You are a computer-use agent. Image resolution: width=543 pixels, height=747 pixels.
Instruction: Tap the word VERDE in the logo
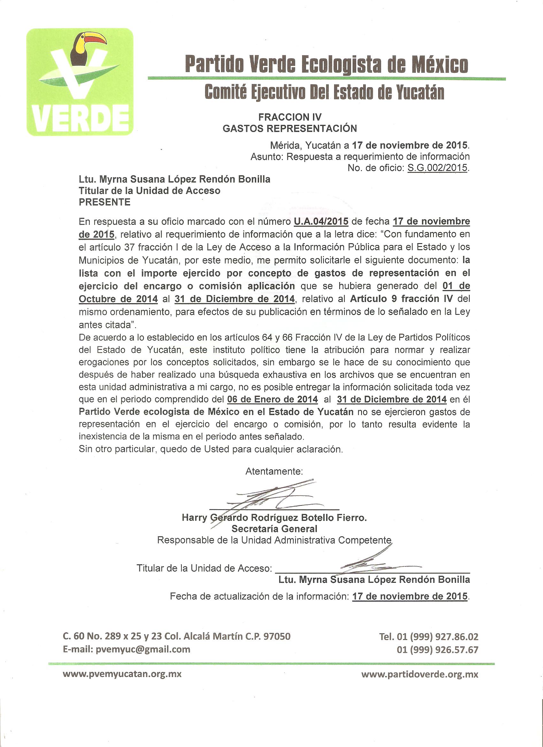pos(80,119)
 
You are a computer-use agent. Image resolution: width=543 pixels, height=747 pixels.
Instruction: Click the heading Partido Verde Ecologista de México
pos(326,64)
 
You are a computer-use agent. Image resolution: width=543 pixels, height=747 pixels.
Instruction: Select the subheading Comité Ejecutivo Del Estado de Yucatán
pos(324,92)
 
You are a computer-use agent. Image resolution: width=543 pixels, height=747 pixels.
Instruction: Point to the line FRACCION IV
pos(290,117)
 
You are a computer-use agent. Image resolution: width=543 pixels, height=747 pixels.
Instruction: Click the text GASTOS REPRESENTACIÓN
pos(290,128)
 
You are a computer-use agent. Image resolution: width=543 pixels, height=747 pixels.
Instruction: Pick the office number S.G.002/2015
pos(437,168)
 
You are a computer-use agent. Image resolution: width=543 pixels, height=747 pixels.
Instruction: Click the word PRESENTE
pos(104,202)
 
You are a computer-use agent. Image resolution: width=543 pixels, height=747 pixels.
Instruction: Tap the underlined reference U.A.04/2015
pos(321,221)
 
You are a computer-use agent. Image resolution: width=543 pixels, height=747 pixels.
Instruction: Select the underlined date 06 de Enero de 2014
pos(273,399)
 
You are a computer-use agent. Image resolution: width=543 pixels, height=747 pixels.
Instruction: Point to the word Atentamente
pos(274,471)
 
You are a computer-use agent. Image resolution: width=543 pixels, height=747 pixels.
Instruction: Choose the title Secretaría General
pos(274,529)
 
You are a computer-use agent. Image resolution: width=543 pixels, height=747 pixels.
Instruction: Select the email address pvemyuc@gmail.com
pos(143,649)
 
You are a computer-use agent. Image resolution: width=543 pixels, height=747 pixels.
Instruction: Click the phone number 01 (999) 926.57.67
pos(437,650)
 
